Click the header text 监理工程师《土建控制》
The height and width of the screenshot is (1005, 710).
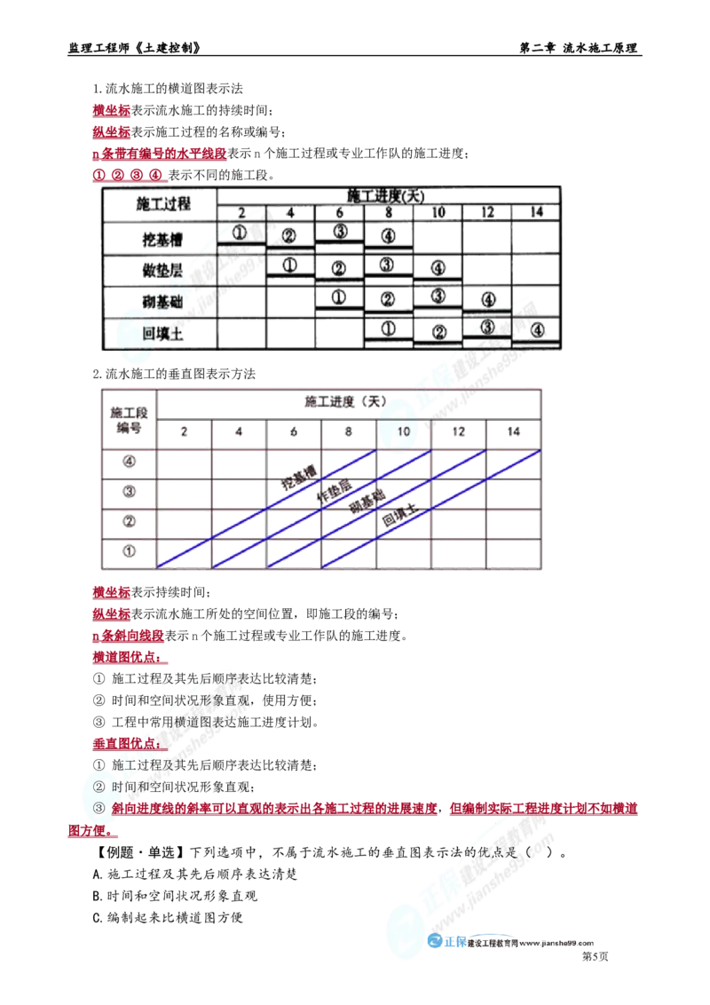click(x=134, y=48)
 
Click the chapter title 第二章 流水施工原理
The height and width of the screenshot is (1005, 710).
click(x=579, y=48)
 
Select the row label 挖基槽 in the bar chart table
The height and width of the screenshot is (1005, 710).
click(x=162, y=240)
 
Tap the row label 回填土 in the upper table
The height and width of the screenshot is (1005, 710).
click(x=162, y=334)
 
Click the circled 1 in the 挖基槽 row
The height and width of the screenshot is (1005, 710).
click(x=240, y=233)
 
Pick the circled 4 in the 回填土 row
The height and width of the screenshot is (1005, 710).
click(x=537, y=330)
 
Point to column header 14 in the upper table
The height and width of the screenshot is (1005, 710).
click(x=536, y=212)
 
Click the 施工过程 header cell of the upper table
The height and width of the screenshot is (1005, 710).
click(x=162, y=204)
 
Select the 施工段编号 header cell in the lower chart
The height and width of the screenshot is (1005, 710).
click(x=129, y=420)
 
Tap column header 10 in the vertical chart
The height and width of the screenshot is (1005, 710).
click(x=403, y=431)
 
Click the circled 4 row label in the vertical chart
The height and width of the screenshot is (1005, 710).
click(x=129, y=462)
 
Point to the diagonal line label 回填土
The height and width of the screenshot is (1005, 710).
click(x=399, y=515)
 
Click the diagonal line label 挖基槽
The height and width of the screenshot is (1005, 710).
click(x=299, y=478)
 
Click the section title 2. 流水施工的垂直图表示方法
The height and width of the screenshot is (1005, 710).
click(x=174, y=374)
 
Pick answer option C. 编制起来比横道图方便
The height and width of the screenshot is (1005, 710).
click(x=168, y=918)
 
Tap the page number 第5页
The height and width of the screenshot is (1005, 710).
click(x=595, y=956)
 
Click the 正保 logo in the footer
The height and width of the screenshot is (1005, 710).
click(x=446, y=942)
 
